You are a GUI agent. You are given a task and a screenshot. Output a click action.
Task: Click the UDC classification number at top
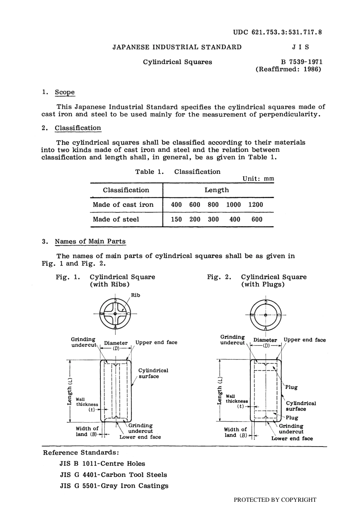(x=277, y=32)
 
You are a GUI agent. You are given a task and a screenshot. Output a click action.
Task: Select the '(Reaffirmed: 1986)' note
(x=288, y=69)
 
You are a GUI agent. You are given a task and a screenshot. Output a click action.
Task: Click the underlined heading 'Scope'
(x=65, y=92)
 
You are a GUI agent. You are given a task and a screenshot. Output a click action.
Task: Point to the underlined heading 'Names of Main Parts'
(x=90, y=242)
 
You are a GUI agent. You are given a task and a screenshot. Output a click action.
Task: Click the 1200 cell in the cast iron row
(x=255, y=205)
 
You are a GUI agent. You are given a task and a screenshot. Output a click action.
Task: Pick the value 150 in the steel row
(x=176, y=219)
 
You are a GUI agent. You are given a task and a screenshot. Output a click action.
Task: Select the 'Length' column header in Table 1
(x=217, y=190)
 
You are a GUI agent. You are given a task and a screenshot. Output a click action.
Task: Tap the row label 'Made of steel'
(x=116, y=219)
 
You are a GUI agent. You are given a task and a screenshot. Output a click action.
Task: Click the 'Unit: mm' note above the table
(x=258, y=179)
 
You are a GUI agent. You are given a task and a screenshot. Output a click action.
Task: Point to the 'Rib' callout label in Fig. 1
(x=135, y=295)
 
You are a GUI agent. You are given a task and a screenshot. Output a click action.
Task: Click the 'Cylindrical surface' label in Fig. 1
(x=153, y=373)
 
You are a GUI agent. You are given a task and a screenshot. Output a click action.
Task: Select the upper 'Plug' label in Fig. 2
(x=291, y=387)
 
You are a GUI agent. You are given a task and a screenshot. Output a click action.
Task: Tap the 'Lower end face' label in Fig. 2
(x=292, y=439)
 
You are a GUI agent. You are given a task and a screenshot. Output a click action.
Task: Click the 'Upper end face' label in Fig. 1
(x=156, y=342)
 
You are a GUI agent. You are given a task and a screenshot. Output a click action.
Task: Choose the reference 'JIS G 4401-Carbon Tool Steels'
(x=113, y=475)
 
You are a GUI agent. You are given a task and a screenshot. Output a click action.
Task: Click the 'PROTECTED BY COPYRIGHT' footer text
(x=275, y=500)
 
